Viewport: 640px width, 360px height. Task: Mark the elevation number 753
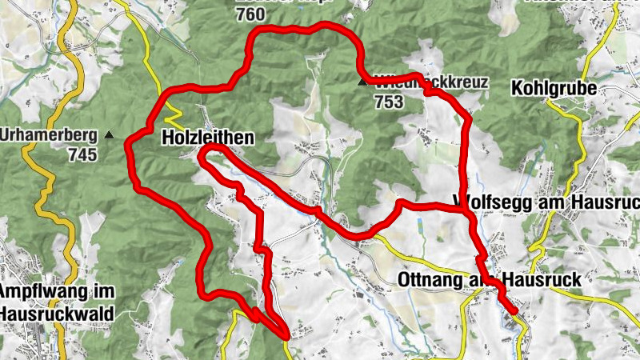pos(388,102)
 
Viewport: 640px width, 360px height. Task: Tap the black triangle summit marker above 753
pos(362,81)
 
